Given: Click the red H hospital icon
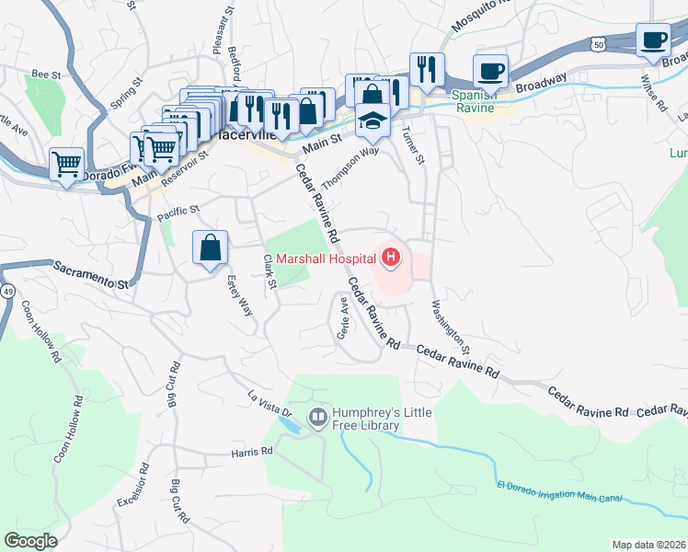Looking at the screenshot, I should tap(391, 259).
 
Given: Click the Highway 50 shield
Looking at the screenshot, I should tap(599, 44).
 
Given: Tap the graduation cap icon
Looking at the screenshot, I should tap(373, 121).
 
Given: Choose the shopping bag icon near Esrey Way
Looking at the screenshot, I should tap(210, 247).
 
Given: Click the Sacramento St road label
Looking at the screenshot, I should tap(89, 275).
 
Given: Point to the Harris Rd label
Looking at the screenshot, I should tap(253, 453).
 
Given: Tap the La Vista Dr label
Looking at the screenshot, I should tap(269, 405).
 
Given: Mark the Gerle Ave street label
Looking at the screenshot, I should tap(344, 316).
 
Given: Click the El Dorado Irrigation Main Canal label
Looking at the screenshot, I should tap(558, 492).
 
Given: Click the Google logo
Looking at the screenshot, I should tap(30, 541).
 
